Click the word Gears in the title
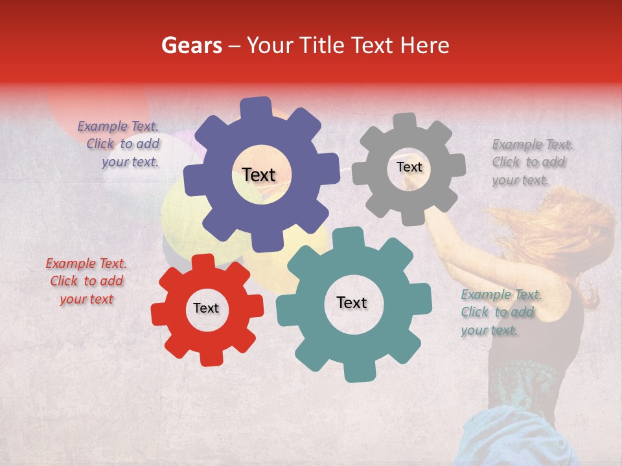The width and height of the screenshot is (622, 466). coord(191,45)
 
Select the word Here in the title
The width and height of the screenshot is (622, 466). coord(425,45)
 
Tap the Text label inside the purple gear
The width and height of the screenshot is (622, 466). coord(259,175)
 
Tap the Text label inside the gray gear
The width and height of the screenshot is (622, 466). coord(409,167)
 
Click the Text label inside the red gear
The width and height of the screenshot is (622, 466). coord(206,309)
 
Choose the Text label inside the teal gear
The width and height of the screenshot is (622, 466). coord(352,303)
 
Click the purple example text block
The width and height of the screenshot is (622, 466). coord(119,144)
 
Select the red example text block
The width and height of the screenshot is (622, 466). coord(86,282)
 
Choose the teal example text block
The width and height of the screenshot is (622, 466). coord(500,313)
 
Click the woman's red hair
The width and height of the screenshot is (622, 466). coord(557,233)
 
